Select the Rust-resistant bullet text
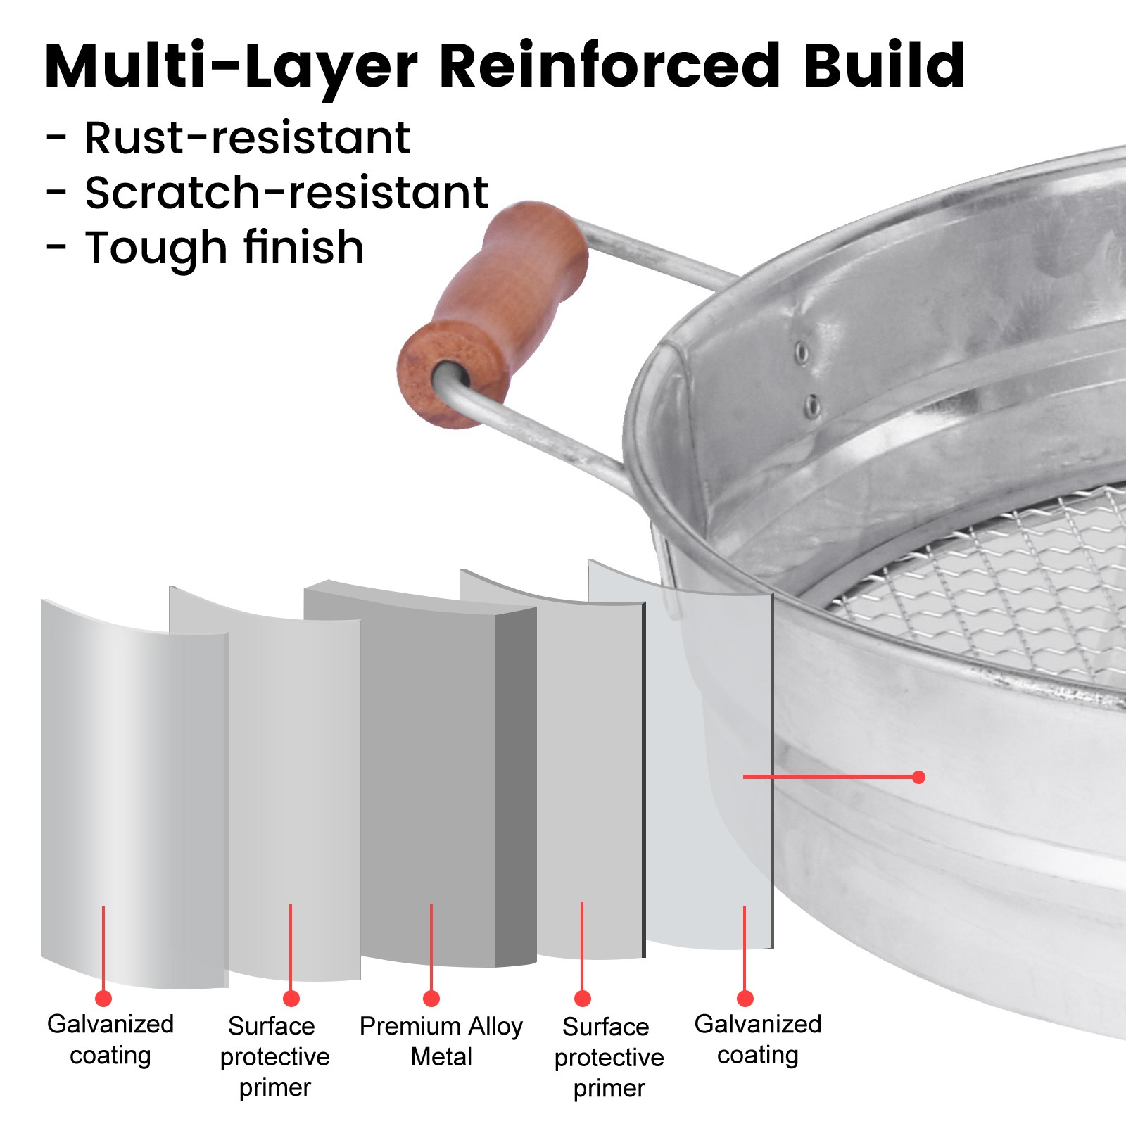246,138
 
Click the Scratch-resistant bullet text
286,193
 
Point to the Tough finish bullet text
224,248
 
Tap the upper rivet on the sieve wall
801,351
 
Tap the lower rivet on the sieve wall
811,405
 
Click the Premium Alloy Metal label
441,1042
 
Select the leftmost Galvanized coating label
110,1039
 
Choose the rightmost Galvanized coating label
758,1039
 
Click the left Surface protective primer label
274,1056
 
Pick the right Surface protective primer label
609,1057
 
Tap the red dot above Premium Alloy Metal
431,998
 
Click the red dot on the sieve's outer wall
918,777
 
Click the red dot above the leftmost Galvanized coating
103,998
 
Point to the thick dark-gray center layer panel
429,774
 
